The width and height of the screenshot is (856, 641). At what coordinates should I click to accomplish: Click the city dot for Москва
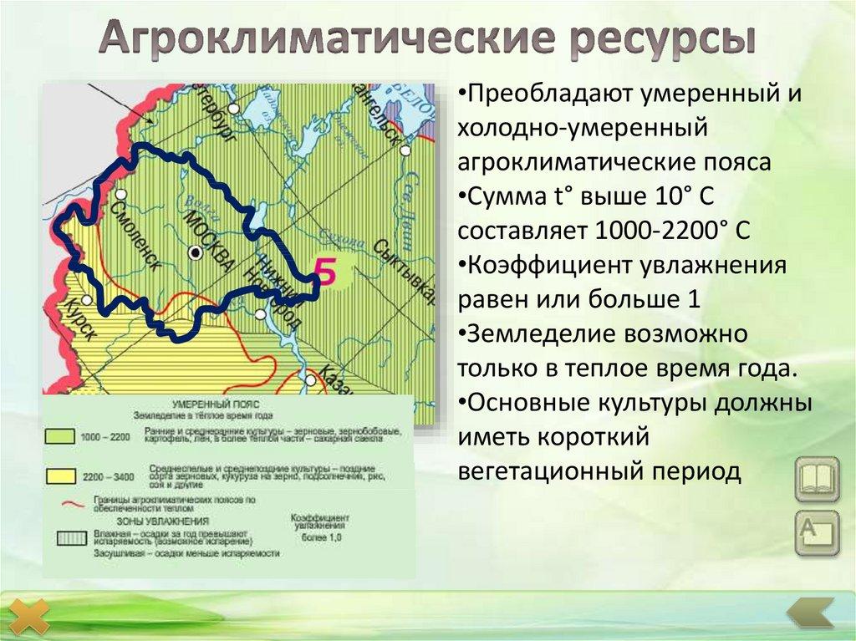tap(196, 252)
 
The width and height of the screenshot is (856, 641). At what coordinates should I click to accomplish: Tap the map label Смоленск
tap(135, 234)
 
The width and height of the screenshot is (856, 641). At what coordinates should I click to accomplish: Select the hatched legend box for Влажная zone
tap(60, 537)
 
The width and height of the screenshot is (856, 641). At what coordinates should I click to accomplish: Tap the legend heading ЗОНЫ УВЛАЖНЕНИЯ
tap(176, 520)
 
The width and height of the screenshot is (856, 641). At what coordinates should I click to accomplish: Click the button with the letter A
tap(816, 532)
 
